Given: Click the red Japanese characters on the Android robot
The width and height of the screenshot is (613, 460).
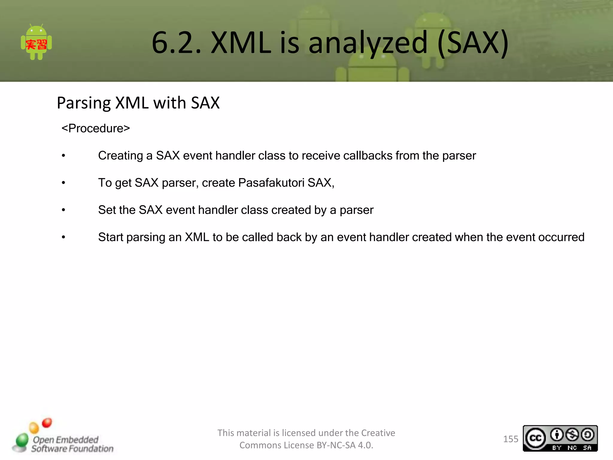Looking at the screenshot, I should (x=36, y=45).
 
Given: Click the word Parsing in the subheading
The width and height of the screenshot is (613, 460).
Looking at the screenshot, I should (x=84, y=103).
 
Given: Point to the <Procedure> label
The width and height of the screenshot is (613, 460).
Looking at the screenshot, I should (x=95, y=128).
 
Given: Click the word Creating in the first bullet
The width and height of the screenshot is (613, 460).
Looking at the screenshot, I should (x=120, y=156).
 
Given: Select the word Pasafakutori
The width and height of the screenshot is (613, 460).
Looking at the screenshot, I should (x=271, y=183).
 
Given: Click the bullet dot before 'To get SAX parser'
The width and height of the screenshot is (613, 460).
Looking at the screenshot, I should (x=63, y=183).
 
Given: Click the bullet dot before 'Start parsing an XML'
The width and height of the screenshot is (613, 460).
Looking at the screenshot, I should (x=63, y=237).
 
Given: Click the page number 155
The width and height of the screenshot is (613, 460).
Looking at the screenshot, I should (x=510, y=439).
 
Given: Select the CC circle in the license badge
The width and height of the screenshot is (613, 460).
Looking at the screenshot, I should (x=535, y=438).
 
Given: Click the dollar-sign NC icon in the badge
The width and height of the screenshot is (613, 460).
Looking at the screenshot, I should (x=572, y=435).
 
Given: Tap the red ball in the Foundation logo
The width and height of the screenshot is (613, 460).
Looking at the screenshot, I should (x=47, y=423).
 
